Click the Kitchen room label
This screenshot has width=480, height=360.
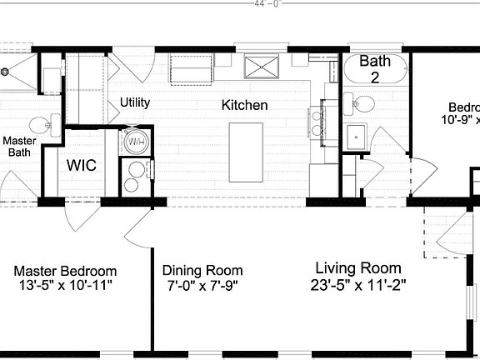point(244,105)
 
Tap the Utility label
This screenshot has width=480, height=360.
point(134,102)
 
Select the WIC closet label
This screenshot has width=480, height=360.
point(82,165)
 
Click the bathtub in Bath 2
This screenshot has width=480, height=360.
point(374,67)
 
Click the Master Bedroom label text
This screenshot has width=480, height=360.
point(66,272)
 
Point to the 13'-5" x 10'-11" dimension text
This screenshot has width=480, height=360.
point(66,286)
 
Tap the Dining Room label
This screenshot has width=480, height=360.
point(202,271)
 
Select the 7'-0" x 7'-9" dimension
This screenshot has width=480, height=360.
point(202,286)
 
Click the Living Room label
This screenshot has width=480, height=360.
point(357,268)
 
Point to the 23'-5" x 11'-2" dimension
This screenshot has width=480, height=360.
point(357,284)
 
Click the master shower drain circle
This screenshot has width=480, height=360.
point(6,72)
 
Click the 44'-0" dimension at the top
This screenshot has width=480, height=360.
point(267,3)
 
